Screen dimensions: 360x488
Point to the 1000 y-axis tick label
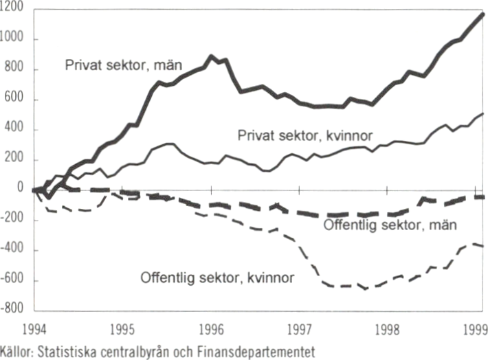(x=13, y=39)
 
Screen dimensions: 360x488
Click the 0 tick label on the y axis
(x=20, y=188)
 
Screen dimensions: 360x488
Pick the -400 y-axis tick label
(x=13, y=250)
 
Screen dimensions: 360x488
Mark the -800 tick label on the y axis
(x=13, y=311)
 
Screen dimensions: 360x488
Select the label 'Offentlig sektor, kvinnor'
(x=217, y=278)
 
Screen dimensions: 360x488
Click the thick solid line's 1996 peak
(x=211, y=57)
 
